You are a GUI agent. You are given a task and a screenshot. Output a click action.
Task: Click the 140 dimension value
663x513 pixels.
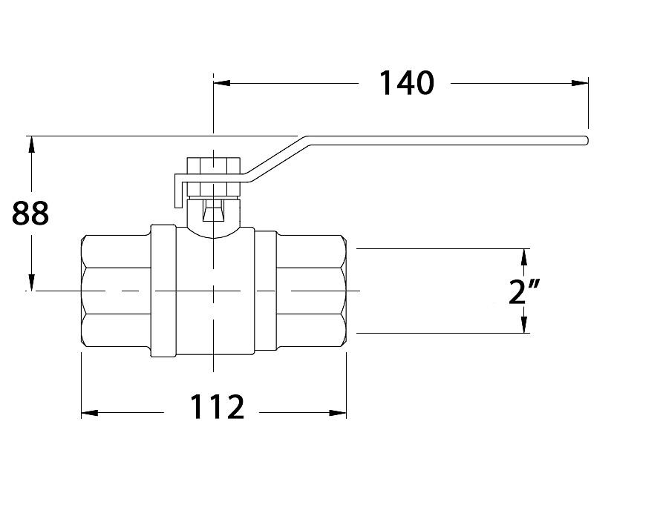407,83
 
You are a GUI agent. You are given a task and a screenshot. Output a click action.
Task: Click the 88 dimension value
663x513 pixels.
30,214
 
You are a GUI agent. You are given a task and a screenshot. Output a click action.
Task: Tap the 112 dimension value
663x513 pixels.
218,407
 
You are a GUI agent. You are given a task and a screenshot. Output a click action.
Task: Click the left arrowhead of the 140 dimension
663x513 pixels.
221,83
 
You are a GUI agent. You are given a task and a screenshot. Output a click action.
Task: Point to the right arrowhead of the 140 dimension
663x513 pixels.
580,83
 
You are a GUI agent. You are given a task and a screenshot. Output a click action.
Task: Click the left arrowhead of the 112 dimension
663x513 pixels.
90,412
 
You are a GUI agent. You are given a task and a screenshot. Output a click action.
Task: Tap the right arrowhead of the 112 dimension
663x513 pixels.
338,412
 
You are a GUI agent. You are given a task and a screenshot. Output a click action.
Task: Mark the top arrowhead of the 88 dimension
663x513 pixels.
31,145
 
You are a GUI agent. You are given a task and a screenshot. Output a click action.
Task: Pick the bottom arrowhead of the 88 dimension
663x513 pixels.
31,282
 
